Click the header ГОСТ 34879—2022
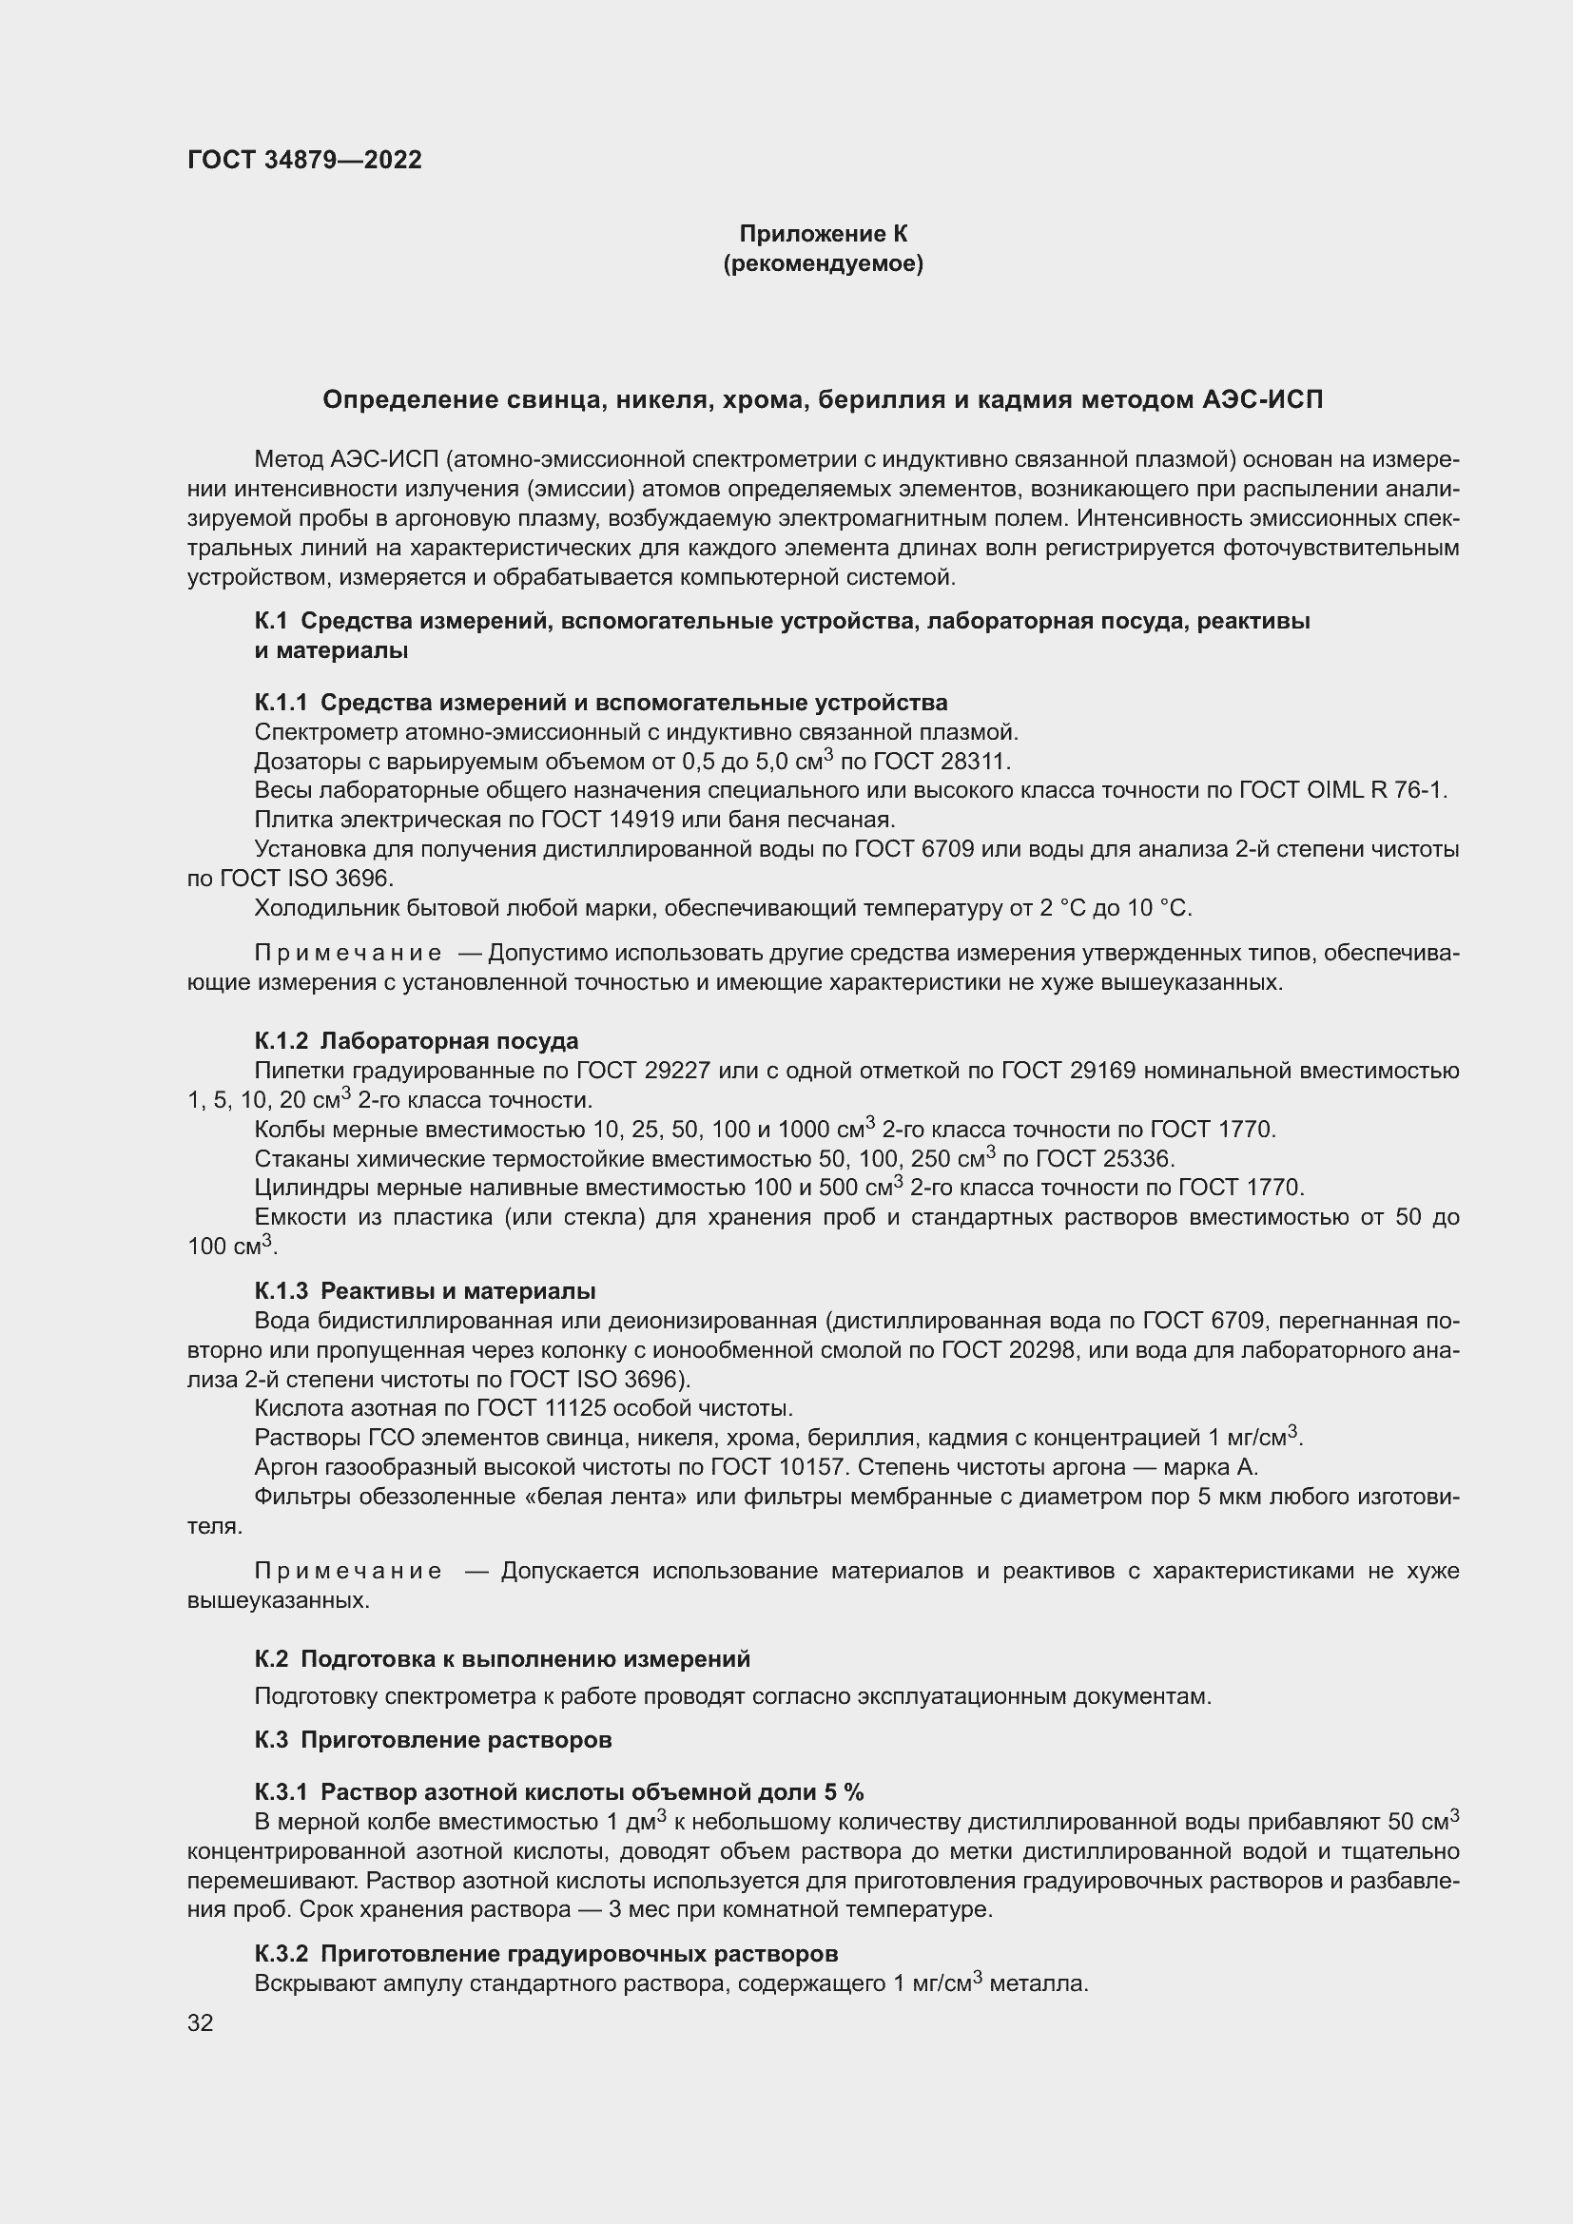coord(304,161)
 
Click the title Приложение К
coord(823,234)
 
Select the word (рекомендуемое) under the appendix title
coord(823,263)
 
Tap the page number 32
coord(201,2022)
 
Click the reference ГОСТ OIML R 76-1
coord(1341,790)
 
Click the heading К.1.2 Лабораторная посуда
coord(417,1040)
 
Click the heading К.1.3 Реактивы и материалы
coord(424,1291)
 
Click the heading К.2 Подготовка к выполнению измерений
coord(502,1659)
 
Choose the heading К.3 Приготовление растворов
coord(433,1740)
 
